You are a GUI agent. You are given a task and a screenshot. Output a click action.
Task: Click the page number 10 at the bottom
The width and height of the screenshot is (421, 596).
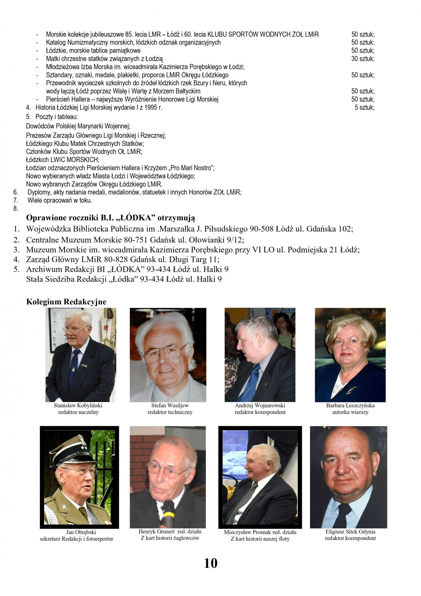pyautogui.click(x=210, y=563)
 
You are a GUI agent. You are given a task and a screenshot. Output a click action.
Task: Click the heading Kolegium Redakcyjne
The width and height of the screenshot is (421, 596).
pyautogui.click(x=66, y=302)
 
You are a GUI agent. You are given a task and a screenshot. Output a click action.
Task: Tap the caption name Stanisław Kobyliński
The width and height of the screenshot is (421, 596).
pyautogui.click(x=78, y=405)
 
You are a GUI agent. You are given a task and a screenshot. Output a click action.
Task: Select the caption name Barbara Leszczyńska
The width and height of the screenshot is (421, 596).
pyautogui.click(x=350, y=405)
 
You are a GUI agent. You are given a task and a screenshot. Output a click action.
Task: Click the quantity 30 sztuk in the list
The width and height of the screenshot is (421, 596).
pyautogui.click(x=363, y=59)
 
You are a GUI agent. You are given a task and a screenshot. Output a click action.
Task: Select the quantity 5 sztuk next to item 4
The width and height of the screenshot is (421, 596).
pyautogui.click(x=364, y=108)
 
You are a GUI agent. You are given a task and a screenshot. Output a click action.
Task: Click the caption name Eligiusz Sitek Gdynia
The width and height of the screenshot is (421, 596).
pyautogui.click(x=350, y=532)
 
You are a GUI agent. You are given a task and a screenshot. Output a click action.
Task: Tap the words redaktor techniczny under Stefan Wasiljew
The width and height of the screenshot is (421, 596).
pyautogui.click(x=170, y=412)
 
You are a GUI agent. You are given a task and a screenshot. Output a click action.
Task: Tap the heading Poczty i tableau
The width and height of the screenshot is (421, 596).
pyautogui.click(x=56, y=117)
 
